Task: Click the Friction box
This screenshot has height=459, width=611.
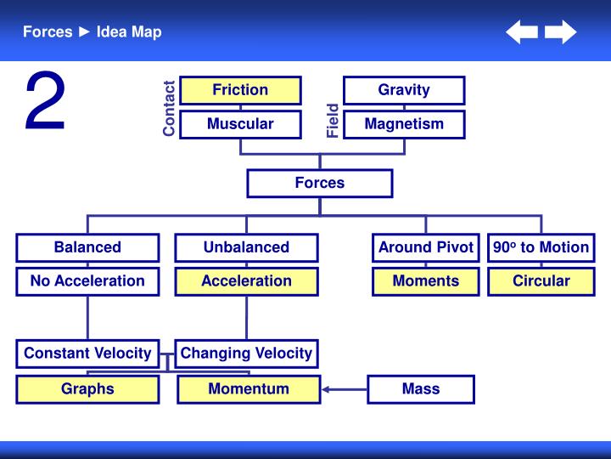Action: (x=240, y=90)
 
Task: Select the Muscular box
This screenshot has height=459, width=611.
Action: (x=240, y=124)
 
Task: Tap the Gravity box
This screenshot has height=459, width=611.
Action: (x=404, y=90)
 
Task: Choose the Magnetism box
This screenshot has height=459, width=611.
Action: (x=404, y=124)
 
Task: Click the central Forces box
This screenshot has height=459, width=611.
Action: (x=320, y=183)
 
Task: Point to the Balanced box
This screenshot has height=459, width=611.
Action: (x=87, y=247)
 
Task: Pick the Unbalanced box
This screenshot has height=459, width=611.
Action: (x=246, y=247)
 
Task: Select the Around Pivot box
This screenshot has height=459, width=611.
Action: (x=426, y=247)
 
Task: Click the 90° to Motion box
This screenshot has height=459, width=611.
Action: (x=541, y=247)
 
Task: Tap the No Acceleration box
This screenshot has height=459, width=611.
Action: (x=87, y=281)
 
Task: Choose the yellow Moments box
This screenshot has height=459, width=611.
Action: (x=426, y=281)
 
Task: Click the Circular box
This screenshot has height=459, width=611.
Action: (x=541, y=281)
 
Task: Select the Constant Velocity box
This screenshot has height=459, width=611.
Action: (x=87, y=354)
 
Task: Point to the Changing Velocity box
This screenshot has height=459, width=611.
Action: (x=246, y=354)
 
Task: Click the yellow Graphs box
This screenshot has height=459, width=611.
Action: (x=87, y=389)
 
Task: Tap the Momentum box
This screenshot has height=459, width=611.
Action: (x=249, y=389)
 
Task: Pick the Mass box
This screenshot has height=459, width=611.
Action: (x=421, y=389)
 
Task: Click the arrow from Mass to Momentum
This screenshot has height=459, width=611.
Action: (x=344, y=390)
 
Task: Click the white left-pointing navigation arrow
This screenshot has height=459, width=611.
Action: (x=522, y=33)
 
